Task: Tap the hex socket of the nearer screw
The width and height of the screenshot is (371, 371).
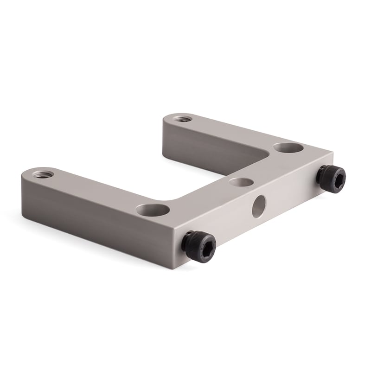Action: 205,246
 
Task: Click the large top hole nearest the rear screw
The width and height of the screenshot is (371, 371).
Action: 288,148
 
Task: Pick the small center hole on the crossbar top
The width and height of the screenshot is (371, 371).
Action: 241,182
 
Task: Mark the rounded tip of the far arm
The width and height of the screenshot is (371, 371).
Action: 168,119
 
